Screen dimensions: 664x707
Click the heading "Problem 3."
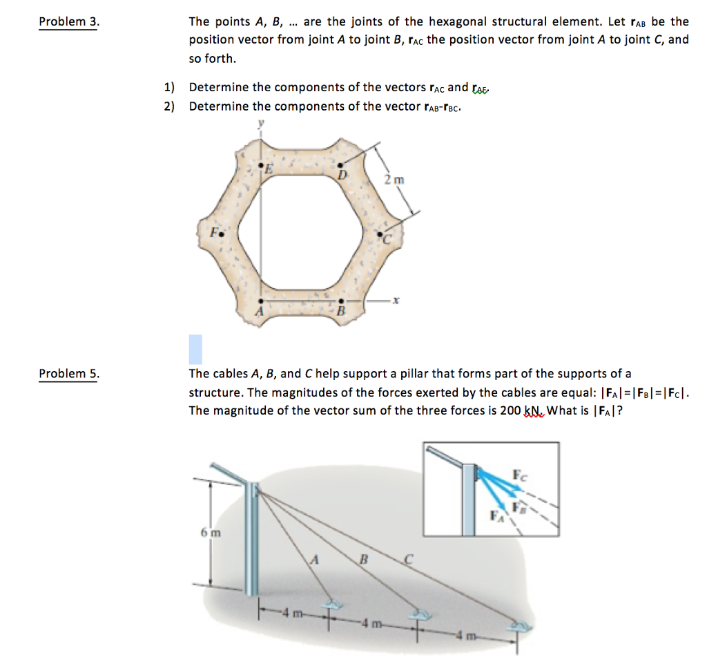pyautogui.click(x=69, y=21)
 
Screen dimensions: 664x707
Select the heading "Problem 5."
pyautogui.click(x=69, y=374)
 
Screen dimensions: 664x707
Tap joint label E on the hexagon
pyautogui.click(x=269, y=169)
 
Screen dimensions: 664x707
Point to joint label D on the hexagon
pyautogui.click(x=341, y=173)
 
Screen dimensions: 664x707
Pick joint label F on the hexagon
pyautogui.click(x=214, y=232)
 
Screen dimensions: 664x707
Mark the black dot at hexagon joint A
pyautogui.click(x=260, y=301)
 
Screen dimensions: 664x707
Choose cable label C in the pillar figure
pyautogui.click(x=407, y=561)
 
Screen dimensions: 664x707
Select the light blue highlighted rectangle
pyautogui.click(x=195, y=349)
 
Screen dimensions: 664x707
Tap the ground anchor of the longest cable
pyautogui.click(x=517, y=627)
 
